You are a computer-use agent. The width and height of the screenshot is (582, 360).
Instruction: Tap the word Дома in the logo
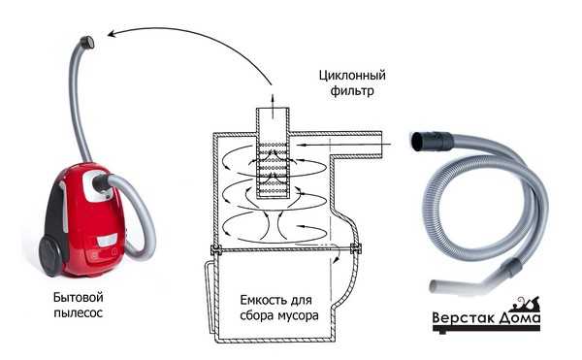[x=520, y=320]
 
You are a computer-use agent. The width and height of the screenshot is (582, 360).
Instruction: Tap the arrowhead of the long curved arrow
[x=112, y=34]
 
